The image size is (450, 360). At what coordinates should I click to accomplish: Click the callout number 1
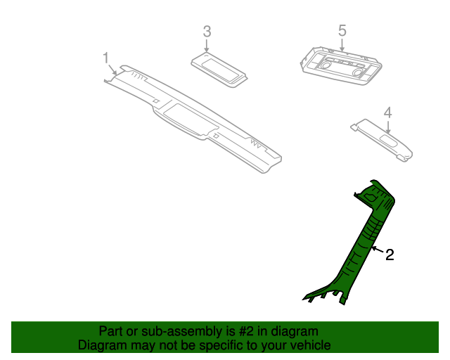pos(106,57)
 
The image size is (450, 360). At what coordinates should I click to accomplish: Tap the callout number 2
pos(389,255)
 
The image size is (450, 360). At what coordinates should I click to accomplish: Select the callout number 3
pos(207,31)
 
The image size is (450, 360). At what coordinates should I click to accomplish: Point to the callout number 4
pos(387,112)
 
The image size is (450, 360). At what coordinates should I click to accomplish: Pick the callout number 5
pos(342,30)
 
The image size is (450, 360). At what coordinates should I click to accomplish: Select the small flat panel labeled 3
pos(220,69)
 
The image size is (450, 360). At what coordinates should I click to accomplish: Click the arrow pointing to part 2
pos(376,250)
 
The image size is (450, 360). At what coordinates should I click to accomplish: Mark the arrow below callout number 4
pos(387,126)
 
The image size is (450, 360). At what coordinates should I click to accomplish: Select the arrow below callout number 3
pos(207,45)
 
